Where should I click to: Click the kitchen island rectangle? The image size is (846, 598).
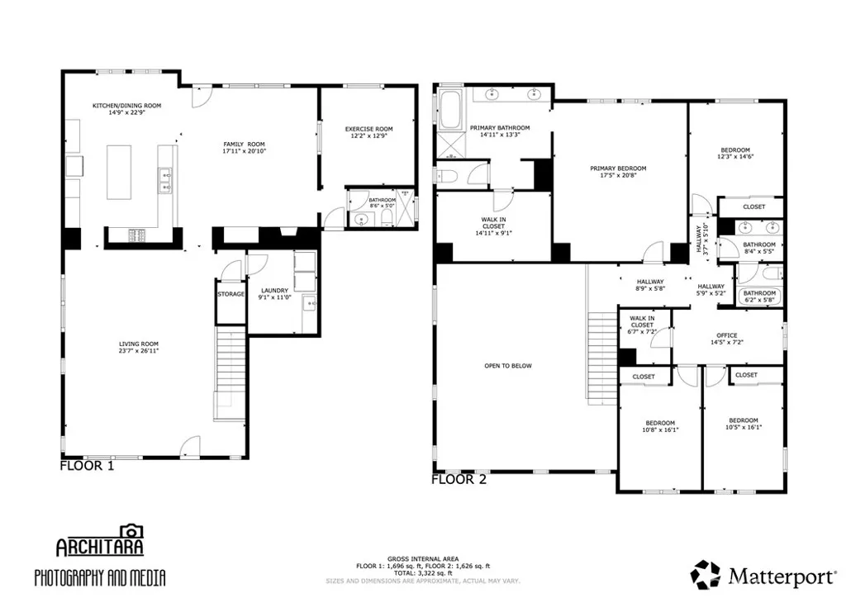[119, 172]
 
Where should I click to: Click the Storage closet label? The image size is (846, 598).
[231, 294]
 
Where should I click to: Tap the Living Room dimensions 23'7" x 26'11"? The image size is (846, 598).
[138, 351]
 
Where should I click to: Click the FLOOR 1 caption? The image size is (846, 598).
[87, 466]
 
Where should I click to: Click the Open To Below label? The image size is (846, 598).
[508, 366]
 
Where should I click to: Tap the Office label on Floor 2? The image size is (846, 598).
[727, 335]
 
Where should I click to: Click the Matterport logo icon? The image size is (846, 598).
[705, 575]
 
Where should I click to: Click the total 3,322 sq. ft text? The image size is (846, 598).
[421, 572]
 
